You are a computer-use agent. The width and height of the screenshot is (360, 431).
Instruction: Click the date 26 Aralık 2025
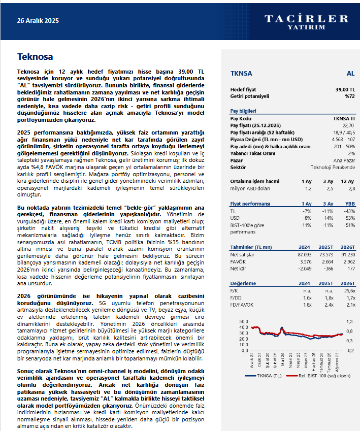point(38,21)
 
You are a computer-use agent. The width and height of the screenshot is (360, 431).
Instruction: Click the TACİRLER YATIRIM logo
point(306,22)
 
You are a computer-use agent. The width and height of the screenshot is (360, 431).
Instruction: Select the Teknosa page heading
point(35,56)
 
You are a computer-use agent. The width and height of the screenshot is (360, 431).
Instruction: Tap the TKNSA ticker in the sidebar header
point(241,74)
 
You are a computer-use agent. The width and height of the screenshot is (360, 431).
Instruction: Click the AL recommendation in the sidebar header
point(350,74)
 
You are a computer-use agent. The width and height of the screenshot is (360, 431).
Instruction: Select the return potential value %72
point(349,96)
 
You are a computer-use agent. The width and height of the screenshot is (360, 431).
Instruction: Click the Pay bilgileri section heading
point(243,111)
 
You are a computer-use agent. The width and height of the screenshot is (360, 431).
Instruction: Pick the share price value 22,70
point(348,125)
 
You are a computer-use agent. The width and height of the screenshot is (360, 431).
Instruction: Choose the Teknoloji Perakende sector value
point(333,168)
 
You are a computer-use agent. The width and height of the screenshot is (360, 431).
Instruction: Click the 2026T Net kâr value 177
point(350,269)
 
